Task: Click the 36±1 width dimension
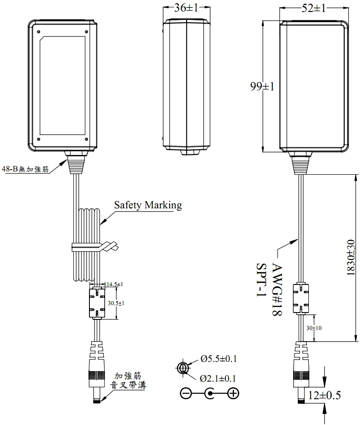pyautogui.click(x=187, y=8)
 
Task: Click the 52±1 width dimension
pyautogui.click(x=313, y=8)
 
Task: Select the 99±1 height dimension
pyautogui.click(x=262, y=87)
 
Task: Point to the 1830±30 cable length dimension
pyautogui.click(x=351, y=258)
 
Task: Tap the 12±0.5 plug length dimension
pyautogui.click(x=324, y=395)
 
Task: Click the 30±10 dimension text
pyautogui.click(x=314, y=328)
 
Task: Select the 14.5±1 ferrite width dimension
pyautogui.click(x=114, y=284)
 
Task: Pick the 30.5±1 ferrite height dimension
pyautogui.click(x=116, y=303)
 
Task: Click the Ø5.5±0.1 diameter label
pyautogui.click(x=218, y=359)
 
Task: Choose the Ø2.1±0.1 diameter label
pyautogui.click(x=218, y=378)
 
